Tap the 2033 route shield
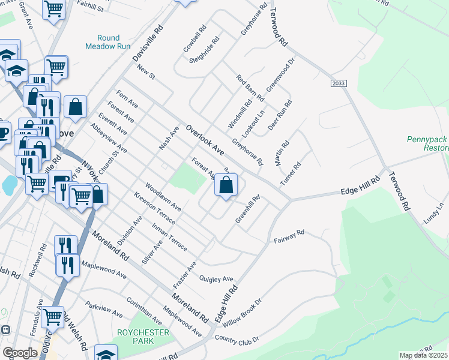click(338, 85)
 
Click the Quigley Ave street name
click(215, 279)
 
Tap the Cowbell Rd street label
click(195, 38)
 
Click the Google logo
click(20, 353)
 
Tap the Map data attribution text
click(424, 355)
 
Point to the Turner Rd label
click(289, 173)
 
